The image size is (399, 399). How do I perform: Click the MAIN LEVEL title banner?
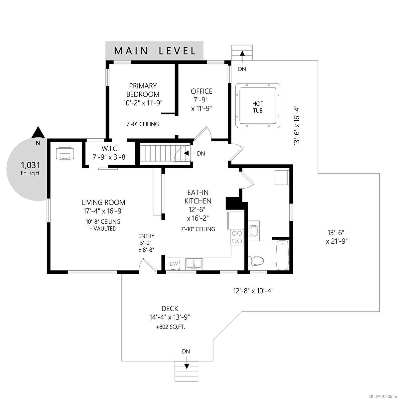point(154,51)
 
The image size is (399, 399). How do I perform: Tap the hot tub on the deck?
point(258,105)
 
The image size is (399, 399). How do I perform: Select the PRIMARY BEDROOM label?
point(143,90)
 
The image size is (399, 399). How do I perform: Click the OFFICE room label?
point(201,91)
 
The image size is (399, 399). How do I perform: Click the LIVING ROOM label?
point(103,202)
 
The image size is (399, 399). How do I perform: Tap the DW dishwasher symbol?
point(173,264)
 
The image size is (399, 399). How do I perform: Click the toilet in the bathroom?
point(256,261)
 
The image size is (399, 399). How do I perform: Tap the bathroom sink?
point(255,230)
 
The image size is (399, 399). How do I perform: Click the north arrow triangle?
point(38,132)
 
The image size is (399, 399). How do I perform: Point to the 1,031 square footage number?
point(31,165)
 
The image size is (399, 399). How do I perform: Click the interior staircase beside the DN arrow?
point(160,153)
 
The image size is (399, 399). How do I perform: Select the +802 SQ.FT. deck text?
point(170,327)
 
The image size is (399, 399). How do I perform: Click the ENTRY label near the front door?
point(146,236)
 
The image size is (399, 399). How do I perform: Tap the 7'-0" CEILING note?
point(143,124)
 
